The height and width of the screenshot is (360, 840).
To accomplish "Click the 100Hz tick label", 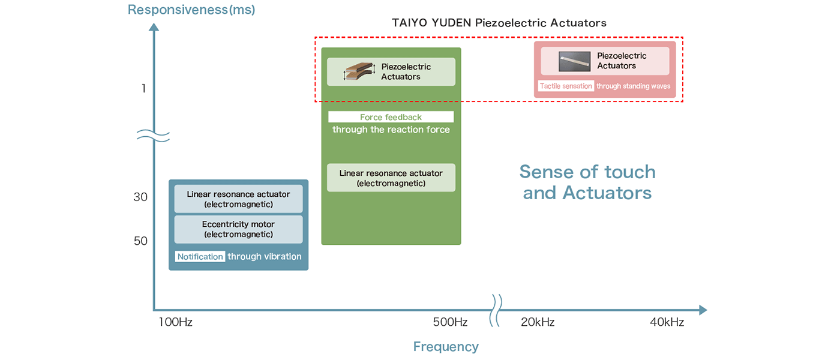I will [x=175, y=322].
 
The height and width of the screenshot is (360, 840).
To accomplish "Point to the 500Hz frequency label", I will [x=450, y=322].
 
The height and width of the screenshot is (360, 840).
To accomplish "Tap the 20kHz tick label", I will [x=538, y=322].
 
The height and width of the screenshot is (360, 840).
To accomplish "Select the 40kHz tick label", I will [x=667, y=322].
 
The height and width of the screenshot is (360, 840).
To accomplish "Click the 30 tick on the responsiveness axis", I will [x=140, y=197].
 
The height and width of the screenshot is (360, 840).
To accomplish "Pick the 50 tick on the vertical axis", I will [x=140, y=241].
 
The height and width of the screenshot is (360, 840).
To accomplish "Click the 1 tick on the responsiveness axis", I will [x=143, y=89].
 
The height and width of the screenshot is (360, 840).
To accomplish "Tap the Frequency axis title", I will [x=446, y=347].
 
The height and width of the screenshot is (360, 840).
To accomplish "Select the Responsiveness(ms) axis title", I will [x=191, y=10].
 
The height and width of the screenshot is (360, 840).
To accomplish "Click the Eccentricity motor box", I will [x=238, y=229].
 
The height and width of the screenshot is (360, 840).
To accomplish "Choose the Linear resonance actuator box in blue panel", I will [x=238, y=199].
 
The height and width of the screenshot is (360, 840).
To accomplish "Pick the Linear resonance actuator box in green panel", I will [x=391, y=178].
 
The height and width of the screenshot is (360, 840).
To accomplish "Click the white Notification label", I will [x=200, y=257].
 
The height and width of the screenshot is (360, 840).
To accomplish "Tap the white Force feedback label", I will [x=391, y=117].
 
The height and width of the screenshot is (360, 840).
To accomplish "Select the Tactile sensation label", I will [x=566, y=86].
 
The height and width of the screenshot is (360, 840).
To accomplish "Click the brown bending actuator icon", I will [x=359, y=71].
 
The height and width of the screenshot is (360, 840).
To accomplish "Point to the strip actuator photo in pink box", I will [x=575, y=61].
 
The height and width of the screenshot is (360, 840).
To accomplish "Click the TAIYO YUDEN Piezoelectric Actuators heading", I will [x=499, y=23].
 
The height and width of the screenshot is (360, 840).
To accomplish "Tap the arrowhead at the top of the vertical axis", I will [x=154, y=26].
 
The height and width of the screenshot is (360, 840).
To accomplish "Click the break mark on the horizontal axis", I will [x=497, y=310].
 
